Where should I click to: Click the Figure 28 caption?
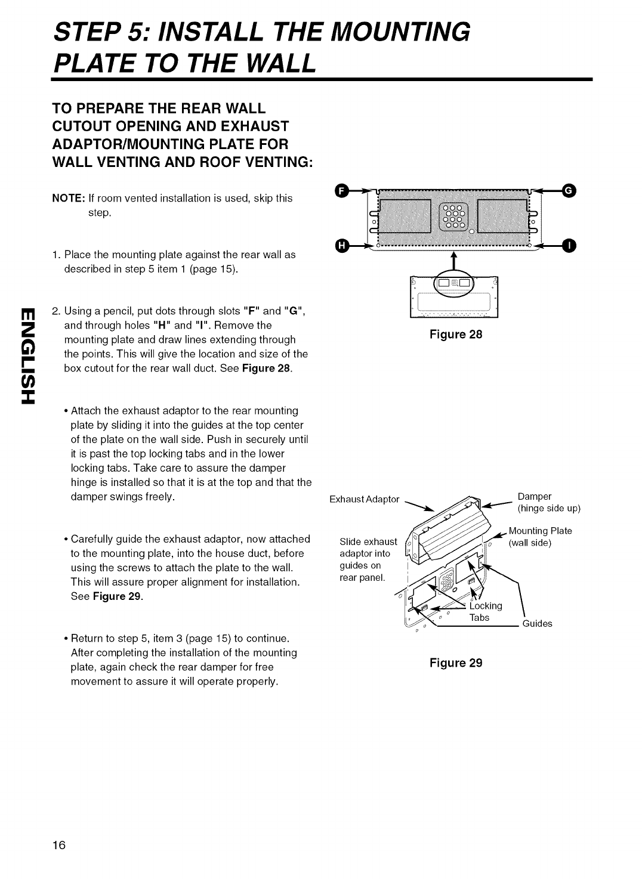455,335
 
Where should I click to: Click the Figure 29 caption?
455,663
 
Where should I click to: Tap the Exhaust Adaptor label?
364,499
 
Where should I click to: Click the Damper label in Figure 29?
535,496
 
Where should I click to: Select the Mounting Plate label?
540,531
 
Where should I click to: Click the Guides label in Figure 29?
537,624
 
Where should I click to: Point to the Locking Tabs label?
486,612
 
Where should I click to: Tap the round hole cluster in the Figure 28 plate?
454,216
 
